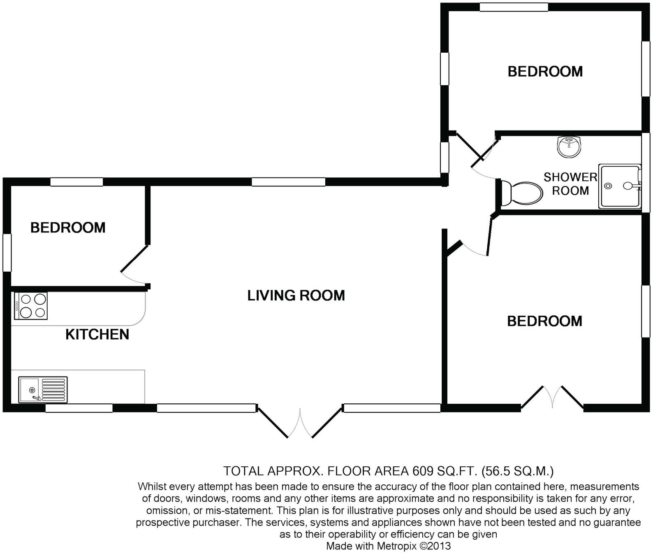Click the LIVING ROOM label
[x=296, y=295]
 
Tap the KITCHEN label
[x=97, y=334]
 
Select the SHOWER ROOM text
[x=570, y=184]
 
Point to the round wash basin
[x=569, y=147]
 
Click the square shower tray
[x=620, y=186]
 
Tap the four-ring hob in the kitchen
[x=31, y=306]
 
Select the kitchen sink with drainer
[x=43, y=389]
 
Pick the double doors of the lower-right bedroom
[x=552, y=397]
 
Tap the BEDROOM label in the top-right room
[x=545, y=72]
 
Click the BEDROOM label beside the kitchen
[x=68, y=228]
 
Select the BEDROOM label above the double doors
[x=544, y=321]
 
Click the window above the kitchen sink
[x=79, y=408]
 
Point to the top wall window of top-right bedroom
[x=514, y=7]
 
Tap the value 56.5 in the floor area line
[x=498, y=470]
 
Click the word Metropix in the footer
[x=396, y=546]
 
